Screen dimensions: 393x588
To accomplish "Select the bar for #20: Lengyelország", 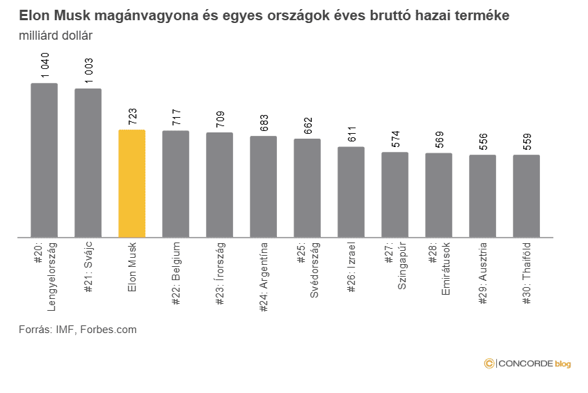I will pos(45,160).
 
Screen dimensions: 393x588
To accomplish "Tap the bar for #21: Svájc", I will pos(88,163).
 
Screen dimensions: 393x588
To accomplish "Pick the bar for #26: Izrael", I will pos(351,192).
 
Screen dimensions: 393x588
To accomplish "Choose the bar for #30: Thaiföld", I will pos(527,196).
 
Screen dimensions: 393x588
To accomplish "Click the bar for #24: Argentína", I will pos(264,186).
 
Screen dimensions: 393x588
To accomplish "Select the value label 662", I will pos(308,126).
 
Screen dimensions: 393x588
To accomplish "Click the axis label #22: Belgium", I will pos(176,270).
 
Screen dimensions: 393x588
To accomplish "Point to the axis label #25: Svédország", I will pos(308,275).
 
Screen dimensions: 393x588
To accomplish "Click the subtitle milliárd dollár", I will pos(56,34).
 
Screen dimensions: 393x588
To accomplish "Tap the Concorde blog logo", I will pos(527,363).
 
